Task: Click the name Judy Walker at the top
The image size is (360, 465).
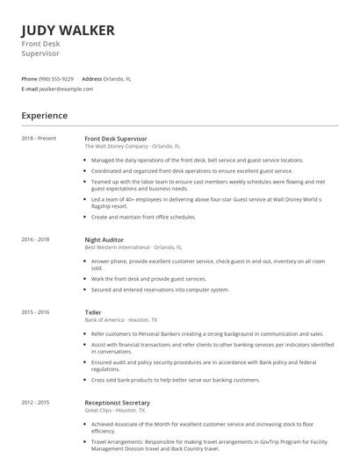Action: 68,31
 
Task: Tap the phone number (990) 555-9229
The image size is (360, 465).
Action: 56,78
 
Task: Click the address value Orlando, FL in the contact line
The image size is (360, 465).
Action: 119,78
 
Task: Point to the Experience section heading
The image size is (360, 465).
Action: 44,115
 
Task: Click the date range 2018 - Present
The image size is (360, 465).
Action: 39,139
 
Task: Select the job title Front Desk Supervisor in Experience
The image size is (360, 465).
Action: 116,139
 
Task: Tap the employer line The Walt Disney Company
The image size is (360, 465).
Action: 132,147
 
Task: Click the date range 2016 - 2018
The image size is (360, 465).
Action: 35,240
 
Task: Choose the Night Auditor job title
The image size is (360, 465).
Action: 104,240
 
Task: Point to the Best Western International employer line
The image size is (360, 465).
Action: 133,247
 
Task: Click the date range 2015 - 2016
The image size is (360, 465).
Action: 35,312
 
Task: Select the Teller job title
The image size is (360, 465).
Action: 93,312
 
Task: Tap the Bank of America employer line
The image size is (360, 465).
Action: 120,320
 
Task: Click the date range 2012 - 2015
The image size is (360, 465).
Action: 35,403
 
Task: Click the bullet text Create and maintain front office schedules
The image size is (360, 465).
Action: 143,216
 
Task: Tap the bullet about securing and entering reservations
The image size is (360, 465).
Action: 160,290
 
